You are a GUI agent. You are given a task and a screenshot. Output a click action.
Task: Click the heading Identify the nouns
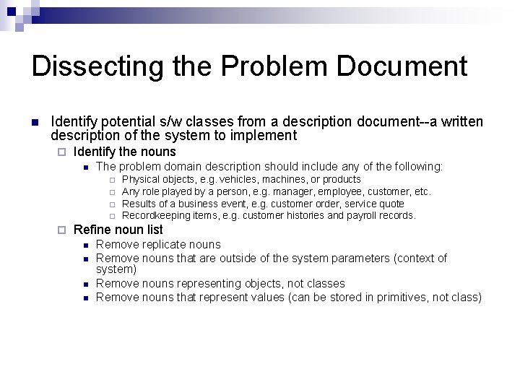click(125, 152)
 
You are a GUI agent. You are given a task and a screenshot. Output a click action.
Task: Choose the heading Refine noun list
click(118, 230)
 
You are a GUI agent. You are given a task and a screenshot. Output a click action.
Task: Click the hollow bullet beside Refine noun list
click(61, 230)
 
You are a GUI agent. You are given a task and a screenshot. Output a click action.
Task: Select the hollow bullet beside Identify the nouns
click(61, 152)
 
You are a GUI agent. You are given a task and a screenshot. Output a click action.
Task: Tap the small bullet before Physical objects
click(112, 180)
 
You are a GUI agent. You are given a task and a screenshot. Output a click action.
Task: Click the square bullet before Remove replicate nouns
click(84, 245)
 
